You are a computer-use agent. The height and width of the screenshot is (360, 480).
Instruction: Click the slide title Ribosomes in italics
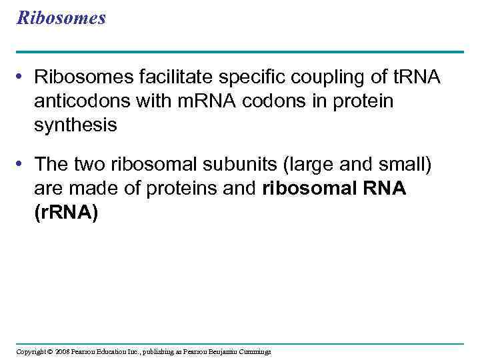(61, 18)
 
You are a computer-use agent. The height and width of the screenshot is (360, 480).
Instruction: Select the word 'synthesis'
(75, 125)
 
